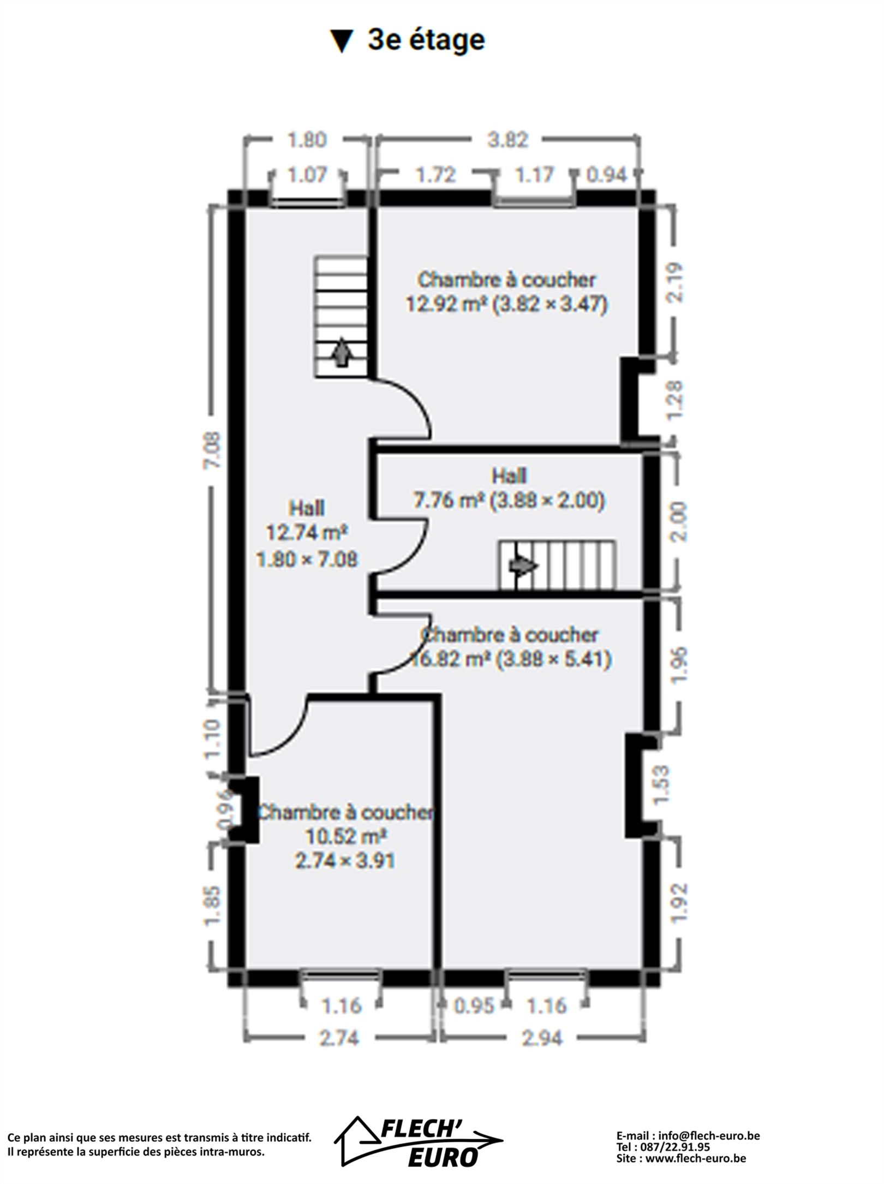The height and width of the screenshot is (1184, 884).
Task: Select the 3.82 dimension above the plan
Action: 508,140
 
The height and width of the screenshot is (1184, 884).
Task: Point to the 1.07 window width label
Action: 307,175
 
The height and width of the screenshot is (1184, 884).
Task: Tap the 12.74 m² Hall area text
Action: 307,532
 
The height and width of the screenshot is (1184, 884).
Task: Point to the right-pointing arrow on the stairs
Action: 523,566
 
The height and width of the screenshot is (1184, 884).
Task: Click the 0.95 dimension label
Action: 474,1005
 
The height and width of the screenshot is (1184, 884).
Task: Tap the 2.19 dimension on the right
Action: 676,282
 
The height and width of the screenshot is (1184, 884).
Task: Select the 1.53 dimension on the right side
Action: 661,785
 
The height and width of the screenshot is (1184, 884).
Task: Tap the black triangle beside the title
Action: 342,41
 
